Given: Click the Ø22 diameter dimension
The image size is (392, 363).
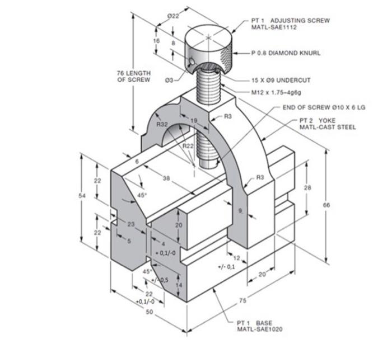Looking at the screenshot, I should [x=173, y=16].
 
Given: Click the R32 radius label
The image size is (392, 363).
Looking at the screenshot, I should [x=163, y=124].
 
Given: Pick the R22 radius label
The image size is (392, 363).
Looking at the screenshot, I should [x=189, y=145].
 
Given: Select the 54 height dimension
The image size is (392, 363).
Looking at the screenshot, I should [x=81, y=196].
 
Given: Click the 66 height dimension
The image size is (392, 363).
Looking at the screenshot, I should [x=326, y=205].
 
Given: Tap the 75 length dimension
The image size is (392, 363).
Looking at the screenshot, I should [x=242, y=301].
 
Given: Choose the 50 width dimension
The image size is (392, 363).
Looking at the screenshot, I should [x=149, y=312].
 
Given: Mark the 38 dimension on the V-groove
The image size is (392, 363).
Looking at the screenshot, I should [x=166, y=178].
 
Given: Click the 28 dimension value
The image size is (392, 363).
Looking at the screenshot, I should [x=307, y=188].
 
